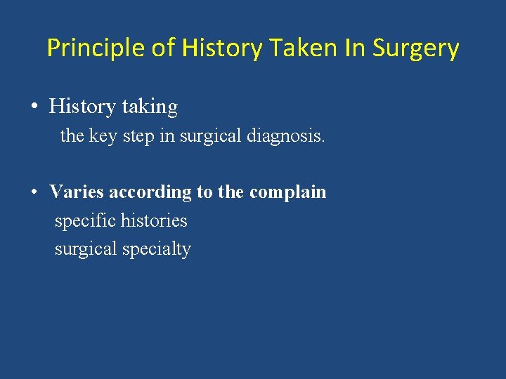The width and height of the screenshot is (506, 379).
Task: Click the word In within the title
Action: tap(355, 48)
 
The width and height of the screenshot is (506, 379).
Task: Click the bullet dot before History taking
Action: tap(34, 107)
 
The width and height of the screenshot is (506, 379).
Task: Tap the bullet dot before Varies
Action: tap(34, 192)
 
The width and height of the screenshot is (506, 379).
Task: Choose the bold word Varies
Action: tap(77, 192)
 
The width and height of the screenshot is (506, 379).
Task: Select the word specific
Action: tap(85, 220)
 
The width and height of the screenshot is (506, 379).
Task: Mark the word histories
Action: tap(154, 220)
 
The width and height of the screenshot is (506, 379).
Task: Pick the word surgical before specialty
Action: tap(87, 249)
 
